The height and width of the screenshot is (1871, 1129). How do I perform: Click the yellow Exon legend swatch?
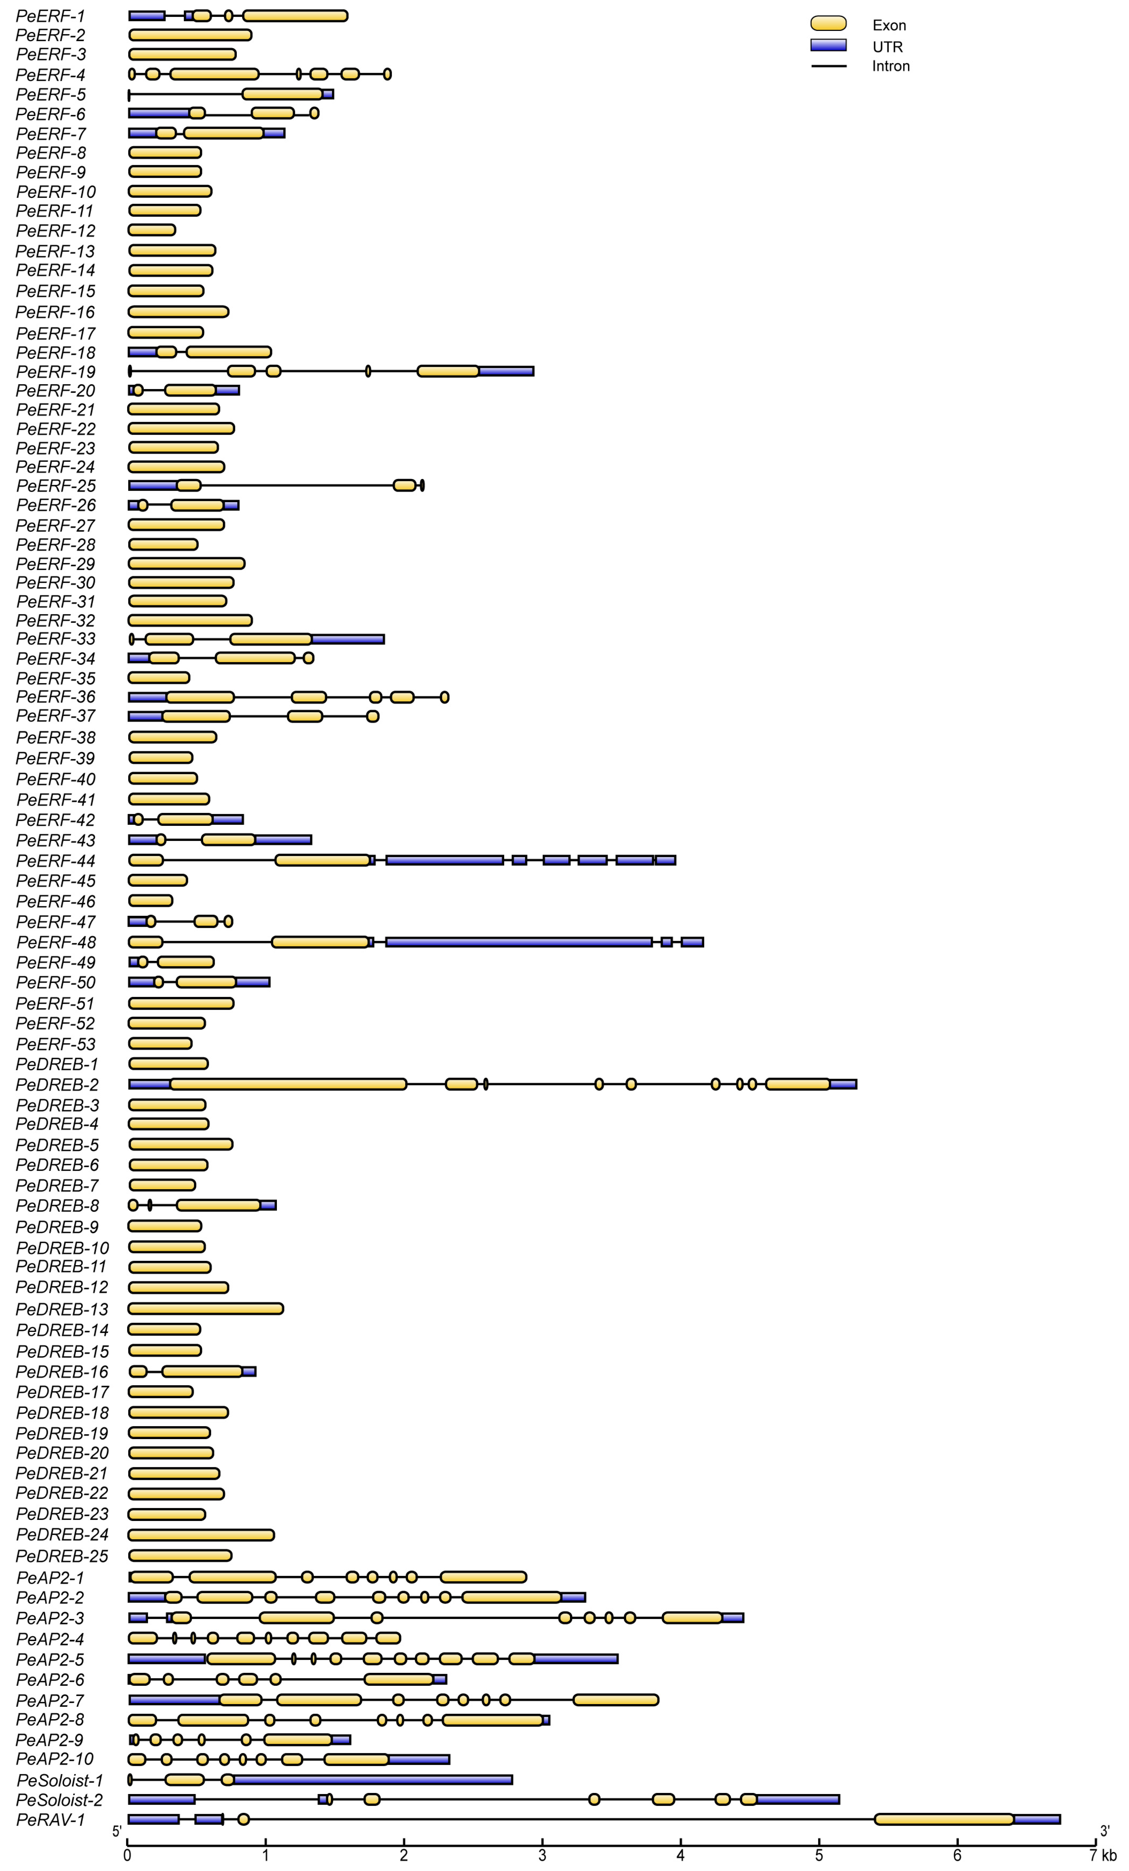(828, 24)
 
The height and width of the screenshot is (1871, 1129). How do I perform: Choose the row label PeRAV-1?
(50, 1819)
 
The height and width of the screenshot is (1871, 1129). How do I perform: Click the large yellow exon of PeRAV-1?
(944, 1819)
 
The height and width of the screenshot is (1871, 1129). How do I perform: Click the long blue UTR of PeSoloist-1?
(372, 1779)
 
